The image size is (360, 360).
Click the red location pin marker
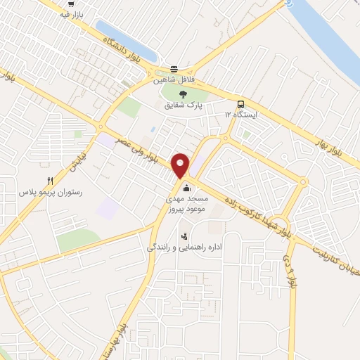coord(181,165)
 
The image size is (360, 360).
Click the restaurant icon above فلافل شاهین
coord(173,70)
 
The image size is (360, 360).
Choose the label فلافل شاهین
coord(173,80)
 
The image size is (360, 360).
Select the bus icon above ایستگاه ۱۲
coord(241,103)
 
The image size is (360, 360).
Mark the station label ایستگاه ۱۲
coord(241,114)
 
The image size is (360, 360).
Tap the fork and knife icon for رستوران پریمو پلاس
coord(50,181)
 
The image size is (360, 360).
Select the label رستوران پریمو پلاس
coord(50,191)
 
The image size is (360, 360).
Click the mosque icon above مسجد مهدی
coord(186,188)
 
